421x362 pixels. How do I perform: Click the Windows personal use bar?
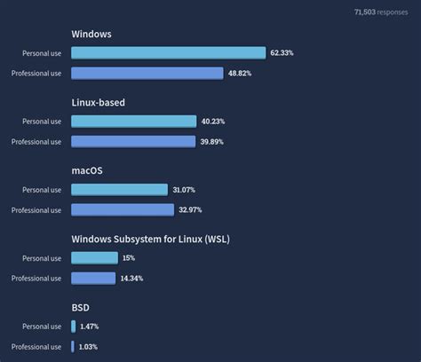(x=168, y=53)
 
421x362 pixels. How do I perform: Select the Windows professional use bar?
(x=147, y=73)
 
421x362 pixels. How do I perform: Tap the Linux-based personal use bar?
(x=133, y=122)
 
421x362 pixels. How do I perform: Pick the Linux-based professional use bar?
(x=132, y=141)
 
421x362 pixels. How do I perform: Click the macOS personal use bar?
(x=119, y=190)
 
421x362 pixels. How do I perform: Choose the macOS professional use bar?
(x=122, y=209)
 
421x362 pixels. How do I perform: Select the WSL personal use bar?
(x=94, y=258)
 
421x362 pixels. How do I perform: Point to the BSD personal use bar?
(x=74, y=327)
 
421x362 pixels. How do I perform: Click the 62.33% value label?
(x=282, y=53)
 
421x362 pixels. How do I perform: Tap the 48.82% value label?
(x=240, y=73)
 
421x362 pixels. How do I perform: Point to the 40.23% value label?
(x=213, y=122)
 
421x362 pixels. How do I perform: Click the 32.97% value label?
(x=191, y=209)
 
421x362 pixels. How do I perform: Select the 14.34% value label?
(x=131, y=278)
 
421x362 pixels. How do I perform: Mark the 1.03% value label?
(x=90, y=346)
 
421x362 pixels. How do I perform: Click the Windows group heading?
(x=91, y=35)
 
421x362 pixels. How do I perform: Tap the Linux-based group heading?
(x=98, y=103)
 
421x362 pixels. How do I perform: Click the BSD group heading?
(x=80, y=308)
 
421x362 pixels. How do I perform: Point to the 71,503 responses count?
(x=381, y=12)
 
